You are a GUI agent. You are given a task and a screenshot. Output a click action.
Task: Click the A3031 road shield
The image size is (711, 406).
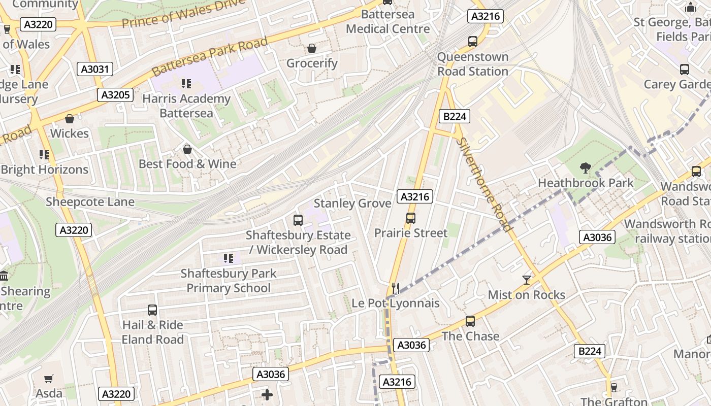coord(95,69)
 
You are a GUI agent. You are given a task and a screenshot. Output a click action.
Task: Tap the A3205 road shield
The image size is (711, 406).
coord(116,95)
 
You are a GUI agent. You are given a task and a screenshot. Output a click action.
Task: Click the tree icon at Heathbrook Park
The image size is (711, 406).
coord(586,168)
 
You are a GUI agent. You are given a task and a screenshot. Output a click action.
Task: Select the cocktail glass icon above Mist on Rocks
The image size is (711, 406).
coord(526,280)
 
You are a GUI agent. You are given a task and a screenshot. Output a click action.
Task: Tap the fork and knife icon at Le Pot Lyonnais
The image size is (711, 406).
coord(396,288)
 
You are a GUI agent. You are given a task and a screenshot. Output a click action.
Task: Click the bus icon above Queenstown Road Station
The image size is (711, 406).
coord(473,42)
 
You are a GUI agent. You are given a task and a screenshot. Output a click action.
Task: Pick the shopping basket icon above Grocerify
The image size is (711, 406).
coord(312,48)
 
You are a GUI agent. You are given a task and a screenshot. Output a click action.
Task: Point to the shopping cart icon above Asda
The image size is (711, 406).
coord(49,379)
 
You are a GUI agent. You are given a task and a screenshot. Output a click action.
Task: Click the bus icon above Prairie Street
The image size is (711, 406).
coord(411,218)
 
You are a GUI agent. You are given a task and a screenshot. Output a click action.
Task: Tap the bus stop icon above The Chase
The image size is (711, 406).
coord(470,321)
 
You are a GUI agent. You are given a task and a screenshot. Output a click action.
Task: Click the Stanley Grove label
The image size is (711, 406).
coord(352,204)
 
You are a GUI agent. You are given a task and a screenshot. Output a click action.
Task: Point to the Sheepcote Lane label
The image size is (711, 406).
coord(90,202)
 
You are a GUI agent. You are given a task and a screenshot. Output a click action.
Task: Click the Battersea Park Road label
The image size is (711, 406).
coord(209,57)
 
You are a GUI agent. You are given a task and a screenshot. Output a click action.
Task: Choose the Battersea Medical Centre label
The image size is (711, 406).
coord(388,22)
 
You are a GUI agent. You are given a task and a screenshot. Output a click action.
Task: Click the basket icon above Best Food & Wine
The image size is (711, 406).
coord(187,149)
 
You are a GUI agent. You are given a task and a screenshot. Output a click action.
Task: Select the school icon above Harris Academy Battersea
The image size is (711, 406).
coord(186,83)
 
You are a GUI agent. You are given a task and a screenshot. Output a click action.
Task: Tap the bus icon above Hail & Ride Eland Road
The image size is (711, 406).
coord(152,310)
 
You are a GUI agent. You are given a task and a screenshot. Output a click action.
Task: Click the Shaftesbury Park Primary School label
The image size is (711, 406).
coord(229,281)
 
